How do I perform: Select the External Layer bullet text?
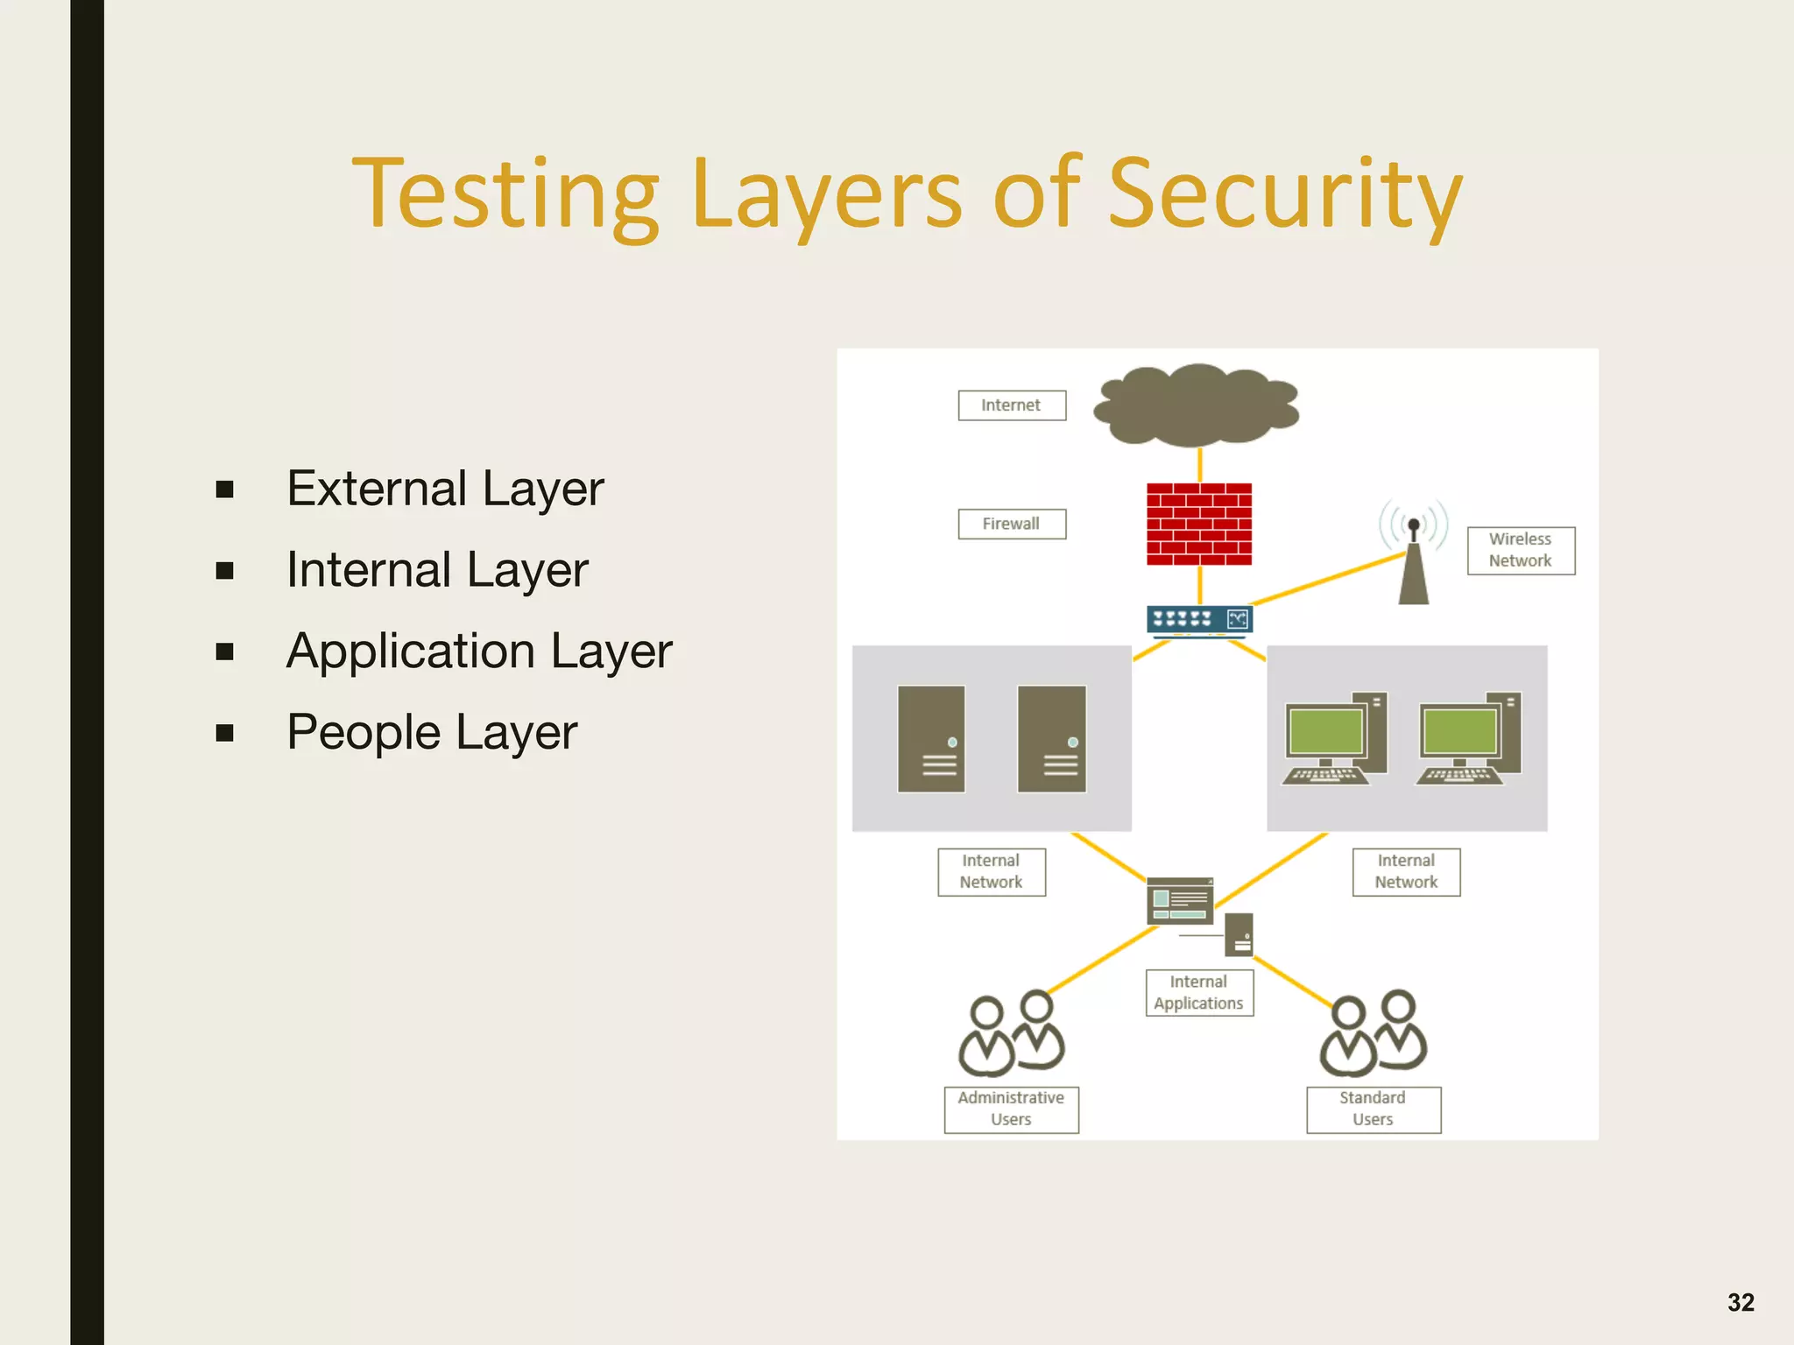[445, 489]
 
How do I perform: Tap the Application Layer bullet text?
[479, 651]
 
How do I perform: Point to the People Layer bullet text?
[432, 732]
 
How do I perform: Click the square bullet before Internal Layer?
[225, 571]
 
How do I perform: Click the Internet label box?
[1012, 405]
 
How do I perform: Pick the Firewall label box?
[1012, 524]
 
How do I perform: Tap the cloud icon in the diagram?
[1197, 405]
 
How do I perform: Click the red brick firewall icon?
[1199, 524]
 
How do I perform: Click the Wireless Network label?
[1521, 550]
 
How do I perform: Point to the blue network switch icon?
[1199, 620]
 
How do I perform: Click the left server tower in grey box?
[931, 739]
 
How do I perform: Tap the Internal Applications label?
[1199, 993]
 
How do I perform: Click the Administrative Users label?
[1011, 1109]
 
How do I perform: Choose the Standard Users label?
[1373, 1109]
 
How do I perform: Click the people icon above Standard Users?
[1373, 1034]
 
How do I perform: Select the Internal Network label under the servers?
[992, 872]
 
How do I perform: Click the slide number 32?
[1741, 1302]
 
